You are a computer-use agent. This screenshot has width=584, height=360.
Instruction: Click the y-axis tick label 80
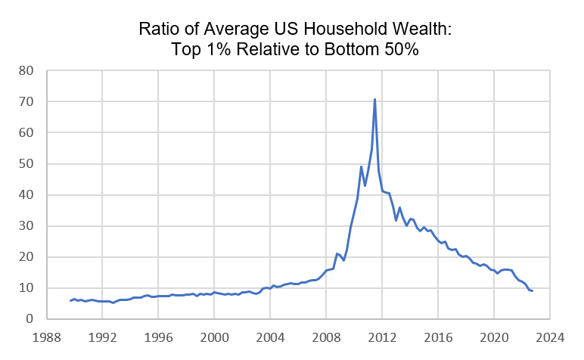click(26, 70)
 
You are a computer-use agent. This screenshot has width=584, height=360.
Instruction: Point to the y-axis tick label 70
click(26, 101)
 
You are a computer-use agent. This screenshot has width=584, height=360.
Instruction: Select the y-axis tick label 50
click(26, 163)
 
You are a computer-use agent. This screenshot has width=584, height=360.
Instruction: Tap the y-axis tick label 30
click(26, 225)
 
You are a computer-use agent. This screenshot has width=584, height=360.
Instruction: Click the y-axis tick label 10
click(26, 287)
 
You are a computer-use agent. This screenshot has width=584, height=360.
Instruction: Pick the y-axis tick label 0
click(30, 318)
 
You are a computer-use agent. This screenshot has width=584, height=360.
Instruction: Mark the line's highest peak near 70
click(374, 99)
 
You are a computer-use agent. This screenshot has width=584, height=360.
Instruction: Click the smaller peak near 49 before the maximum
click(361, 166)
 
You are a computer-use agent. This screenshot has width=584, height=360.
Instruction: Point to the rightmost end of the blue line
click(532, 291)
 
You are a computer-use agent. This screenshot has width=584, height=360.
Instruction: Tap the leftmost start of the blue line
click(70, 301)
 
